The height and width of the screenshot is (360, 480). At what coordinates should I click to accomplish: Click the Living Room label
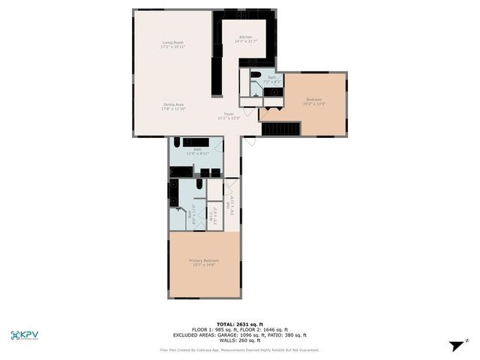pos(173,44)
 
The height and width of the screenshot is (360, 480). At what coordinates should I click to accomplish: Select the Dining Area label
pos(173,106)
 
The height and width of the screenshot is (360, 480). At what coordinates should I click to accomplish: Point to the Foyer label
pos(228,115)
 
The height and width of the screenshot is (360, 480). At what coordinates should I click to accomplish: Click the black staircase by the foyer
pos(280,130)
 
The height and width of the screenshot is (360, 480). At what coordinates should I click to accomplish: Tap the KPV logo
pos(25,335)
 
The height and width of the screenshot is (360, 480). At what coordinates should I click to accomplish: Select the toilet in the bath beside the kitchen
pos(256,75)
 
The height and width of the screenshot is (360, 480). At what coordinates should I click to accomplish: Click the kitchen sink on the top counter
pos(241,14)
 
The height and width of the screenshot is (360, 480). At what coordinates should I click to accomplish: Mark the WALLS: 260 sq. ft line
pos(239,341)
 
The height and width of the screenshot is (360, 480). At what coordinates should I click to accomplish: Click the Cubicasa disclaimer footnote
pos(239,349)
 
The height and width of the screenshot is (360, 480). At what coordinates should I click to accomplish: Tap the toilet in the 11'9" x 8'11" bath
pos(178,142)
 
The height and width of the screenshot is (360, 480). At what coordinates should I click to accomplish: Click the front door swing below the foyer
pos(250,140)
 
